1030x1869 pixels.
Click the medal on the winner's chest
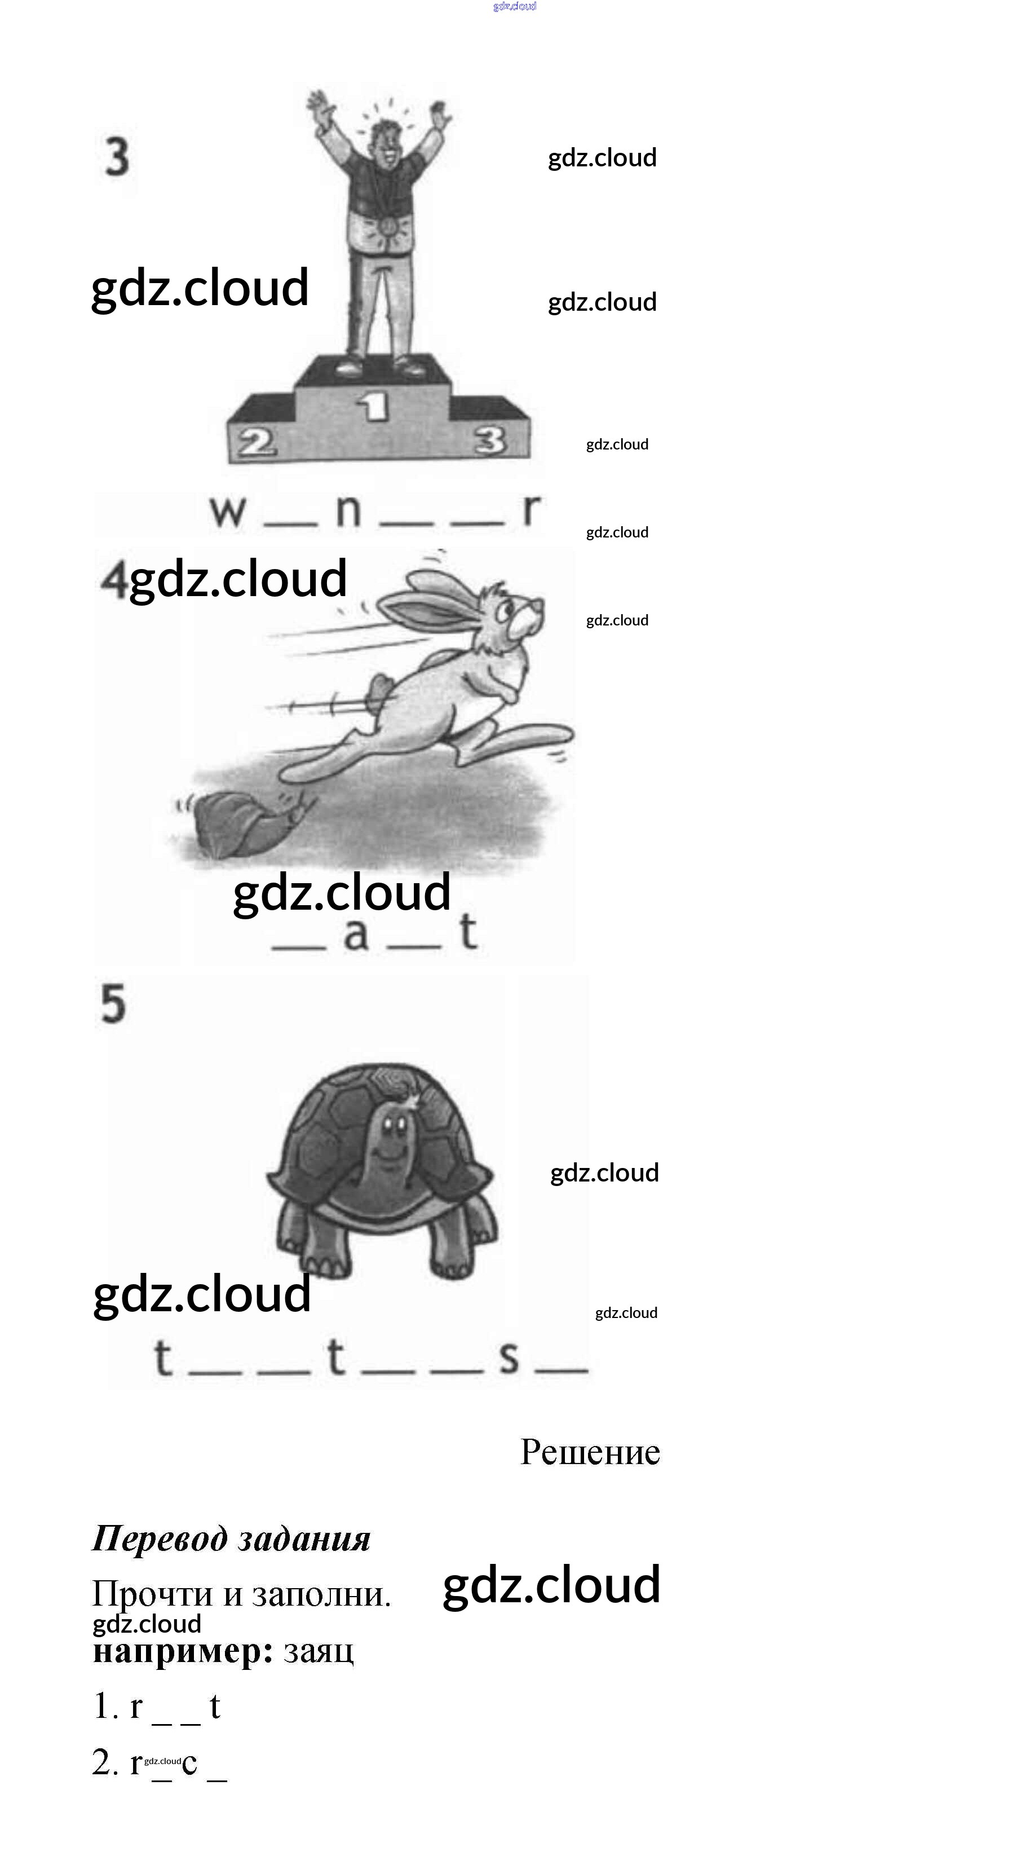point(387,225)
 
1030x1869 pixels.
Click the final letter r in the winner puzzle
point(532,509)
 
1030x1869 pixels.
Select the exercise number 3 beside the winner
point(117,157)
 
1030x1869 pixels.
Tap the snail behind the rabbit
point(246,823)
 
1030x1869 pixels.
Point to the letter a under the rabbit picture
point(355,934)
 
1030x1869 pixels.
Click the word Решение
point(590,1452)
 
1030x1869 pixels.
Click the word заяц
point(319,1651)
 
